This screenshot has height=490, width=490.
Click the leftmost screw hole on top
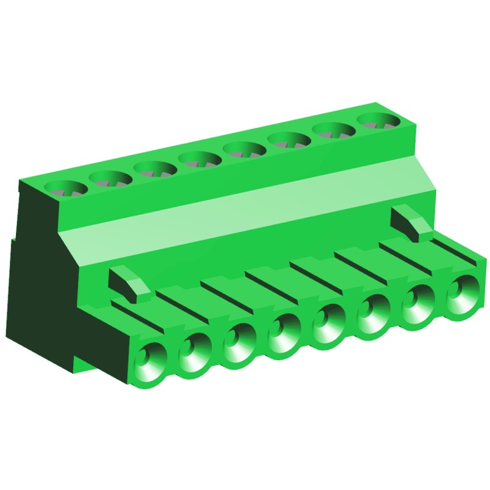(66, 188)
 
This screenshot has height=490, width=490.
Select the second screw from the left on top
(110, 178)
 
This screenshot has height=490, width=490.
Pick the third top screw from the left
(156, 168)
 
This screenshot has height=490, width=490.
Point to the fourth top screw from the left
(200, 159)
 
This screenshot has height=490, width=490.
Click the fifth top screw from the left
(244, 149)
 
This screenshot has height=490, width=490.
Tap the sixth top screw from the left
(288, 139)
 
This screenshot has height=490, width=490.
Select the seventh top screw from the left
(333, 129)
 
